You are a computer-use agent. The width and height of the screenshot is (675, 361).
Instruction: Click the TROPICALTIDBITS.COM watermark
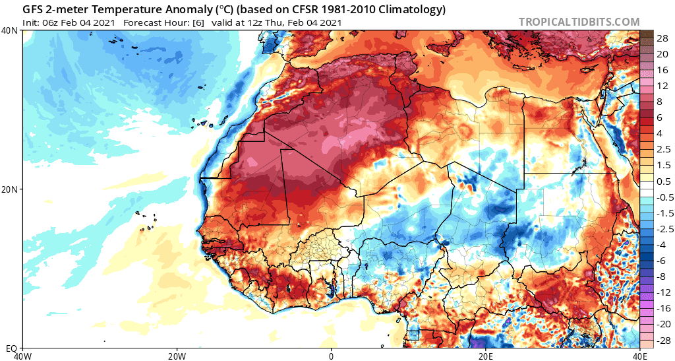pos(579,22)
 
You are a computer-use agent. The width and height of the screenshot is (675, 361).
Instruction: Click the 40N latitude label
pos(11,31)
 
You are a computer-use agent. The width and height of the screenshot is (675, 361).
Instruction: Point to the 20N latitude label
pos(11,189)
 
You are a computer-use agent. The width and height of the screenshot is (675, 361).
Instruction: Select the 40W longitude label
pos(23,355)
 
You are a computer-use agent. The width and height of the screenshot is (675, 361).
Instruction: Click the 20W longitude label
pos(177,355)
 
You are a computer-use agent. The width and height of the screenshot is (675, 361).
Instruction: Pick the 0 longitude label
pos(332,355)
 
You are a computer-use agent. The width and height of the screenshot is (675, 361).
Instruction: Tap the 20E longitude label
pos(486,355)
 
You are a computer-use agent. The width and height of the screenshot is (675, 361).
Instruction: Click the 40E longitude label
pos(638,355)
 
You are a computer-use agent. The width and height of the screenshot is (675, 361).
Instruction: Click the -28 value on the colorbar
pos(657,338)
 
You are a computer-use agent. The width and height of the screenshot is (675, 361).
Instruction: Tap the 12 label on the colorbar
pos(658,86)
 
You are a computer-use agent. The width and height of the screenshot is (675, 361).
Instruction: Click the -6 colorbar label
pos(657,260)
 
